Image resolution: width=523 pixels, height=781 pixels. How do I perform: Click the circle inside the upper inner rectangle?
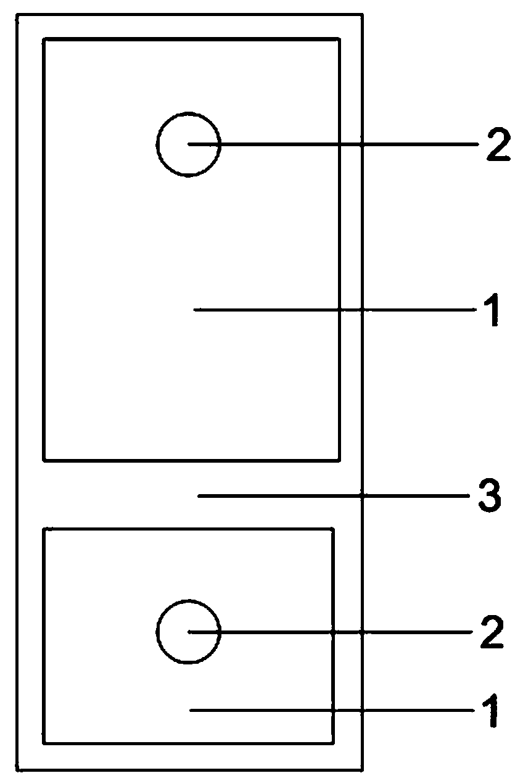pyautogui.click(x=188, y=144)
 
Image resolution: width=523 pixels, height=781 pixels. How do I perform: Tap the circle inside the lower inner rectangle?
pyautogui.click(x=188, y=632)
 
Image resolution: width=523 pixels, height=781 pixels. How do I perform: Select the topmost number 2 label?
pyautogui.click(x=498, y=146)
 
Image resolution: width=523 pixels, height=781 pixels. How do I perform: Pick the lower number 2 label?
pyautogui.click(x=492, y=633)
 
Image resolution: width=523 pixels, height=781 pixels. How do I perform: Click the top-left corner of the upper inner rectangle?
pyautogui.click(x=44, y=39)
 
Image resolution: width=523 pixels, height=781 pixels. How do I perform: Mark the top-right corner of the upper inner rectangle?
pyautogui.click(x=339, y=39)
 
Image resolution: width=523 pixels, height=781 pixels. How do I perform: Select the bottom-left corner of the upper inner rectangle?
pyautogui.click(x=44, y=460)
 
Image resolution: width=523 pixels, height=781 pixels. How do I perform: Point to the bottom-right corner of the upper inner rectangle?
pyautogui.click(x=339, y=460)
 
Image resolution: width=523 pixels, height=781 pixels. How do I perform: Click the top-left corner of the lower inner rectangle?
pyautogui.click(x=44, y=529)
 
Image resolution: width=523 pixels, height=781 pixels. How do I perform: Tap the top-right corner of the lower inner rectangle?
pyautogui.click(x=333, y=529)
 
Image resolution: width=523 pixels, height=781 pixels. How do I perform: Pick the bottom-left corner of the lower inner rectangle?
pyautogui.click(x=44, y=743)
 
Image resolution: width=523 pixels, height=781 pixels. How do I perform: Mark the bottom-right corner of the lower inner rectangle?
pyautogui.click(x=333, y=743)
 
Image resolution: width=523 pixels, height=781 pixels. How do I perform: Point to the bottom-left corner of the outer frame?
pyautogui.click(x=18, y=770)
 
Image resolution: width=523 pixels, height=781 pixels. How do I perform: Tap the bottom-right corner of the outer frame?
pyautogui.click(x=361, y=770)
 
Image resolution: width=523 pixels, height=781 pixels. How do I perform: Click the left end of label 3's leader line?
pyautogui.click(x=198, y=495)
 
